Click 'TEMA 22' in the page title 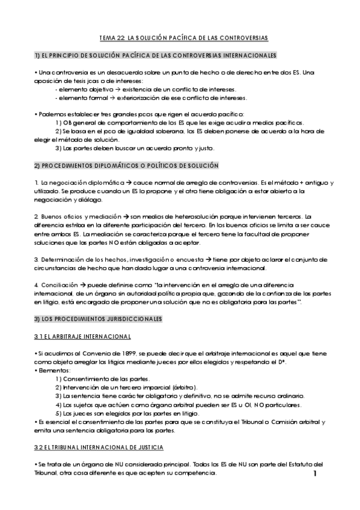(109, 38)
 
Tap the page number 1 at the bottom (315, 475)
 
